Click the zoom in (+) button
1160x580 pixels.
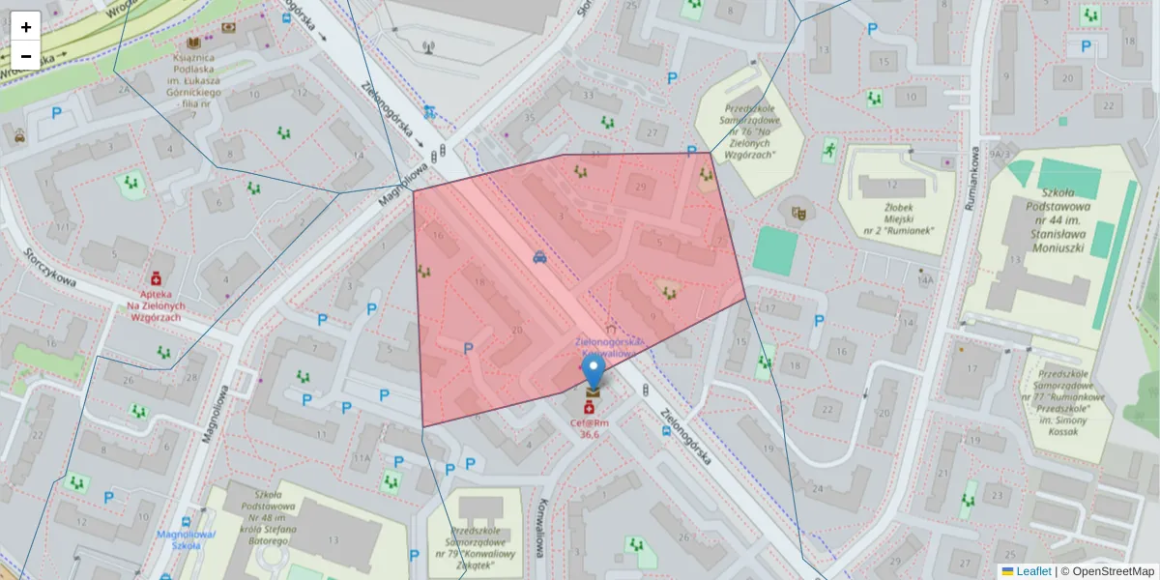pyautogui.click(x=26, y=27)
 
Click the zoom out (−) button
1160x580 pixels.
pyautogui.click(x=26, y=56)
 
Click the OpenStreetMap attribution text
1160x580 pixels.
pyautogui.click(x=1113, y=571)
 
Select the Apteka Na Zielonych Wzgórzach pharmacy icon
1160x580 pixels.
pyautogui.click(x=156, y=277)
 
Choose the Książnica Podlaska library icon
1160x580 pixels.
pyautogui.click(x=194, y=44)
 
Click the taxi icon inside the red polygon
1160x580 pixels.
pyautogui.click(x=539, y=257)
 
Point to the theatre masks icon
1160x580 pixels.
pyautogui.click(x=797, y=213)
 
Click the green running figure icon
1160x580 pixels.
pyautogui.click(x=828, y=149)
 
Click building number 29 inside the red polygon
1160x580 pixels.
pyautogui.click(x=639, y=186)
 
